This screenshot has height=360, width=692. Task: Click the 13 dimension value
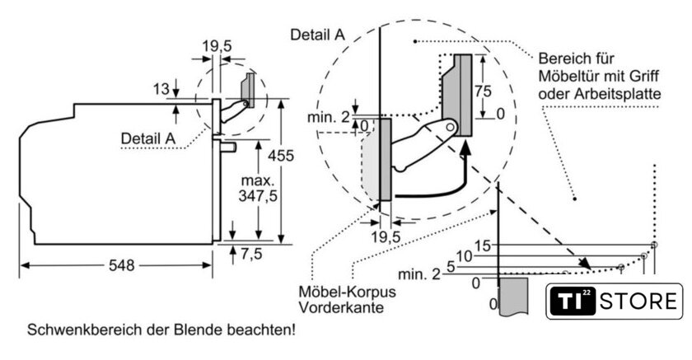161,88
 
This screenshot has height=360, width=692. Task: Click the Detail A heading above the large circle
317,34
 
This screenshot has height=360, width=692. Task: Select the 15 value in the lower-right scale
482,245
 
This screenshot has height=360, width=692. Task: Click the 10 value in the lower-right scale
465,256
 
